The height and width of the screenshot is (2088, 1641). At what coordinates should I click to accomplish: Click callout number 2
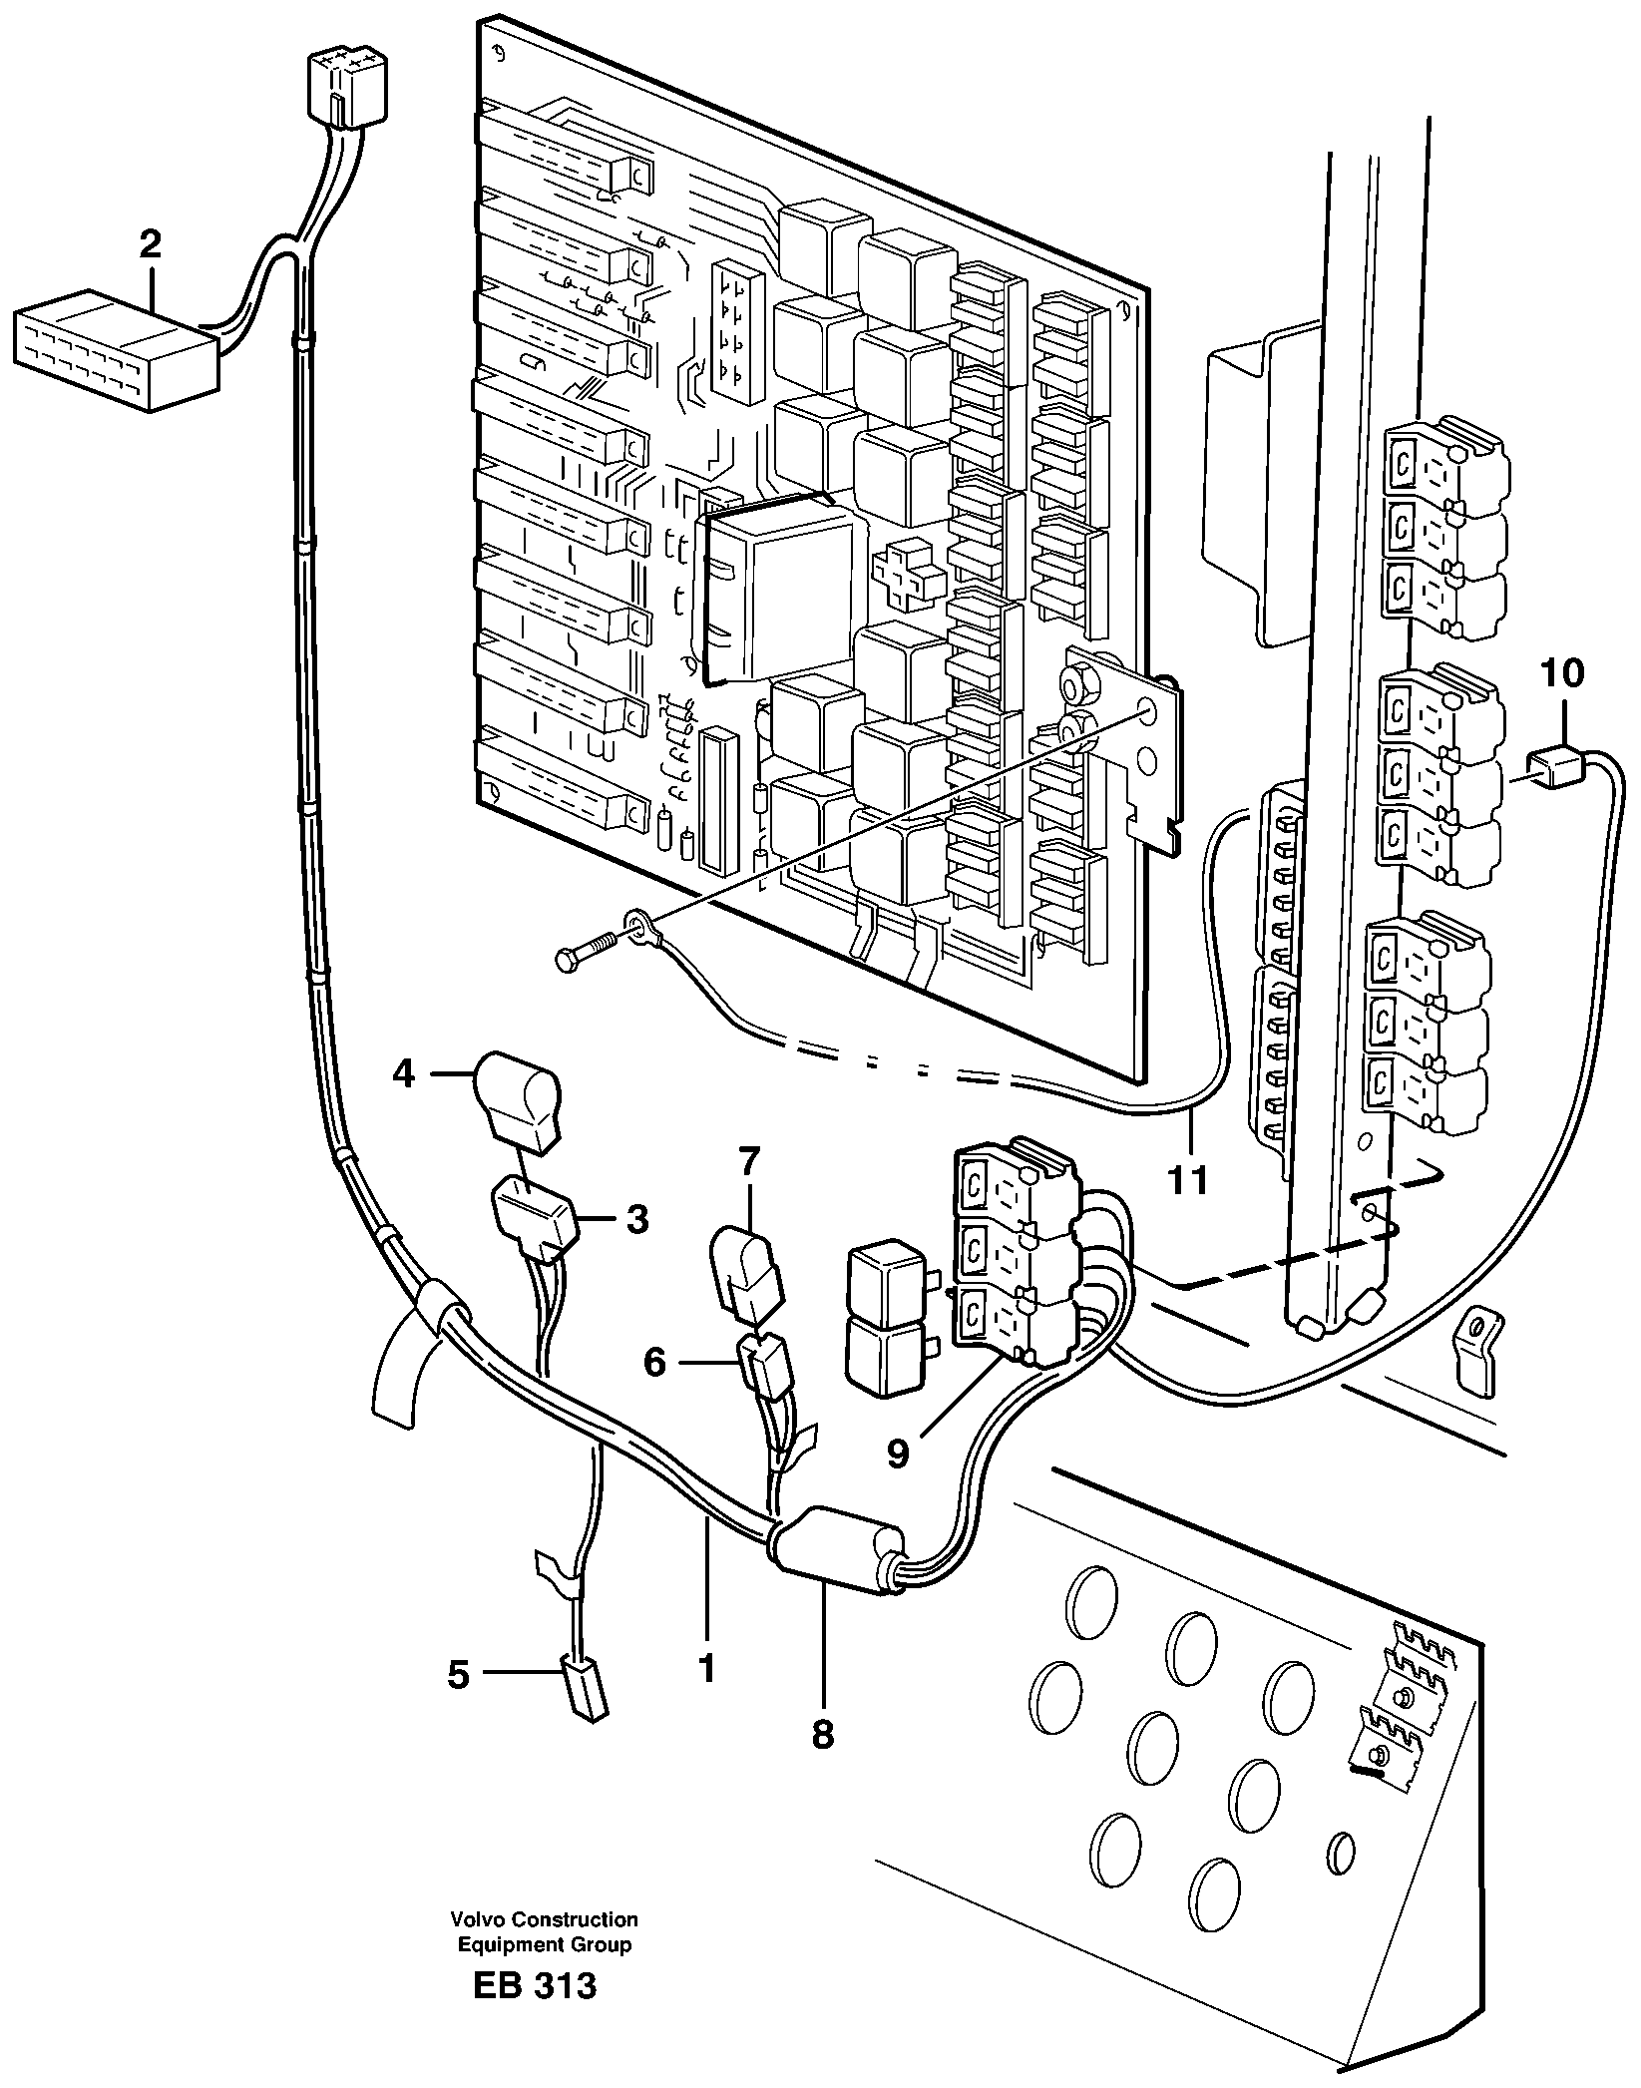(x=150, y=245)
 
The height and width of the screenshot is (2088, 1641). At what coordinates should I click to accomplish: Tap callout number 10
(x=1562, y=673)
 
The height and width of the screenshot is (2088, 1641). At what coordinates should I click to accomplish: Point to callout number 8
(x=822, y=1734)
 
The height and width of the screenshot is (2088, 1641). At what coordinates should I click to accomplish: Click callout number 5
(x=458, y=1675)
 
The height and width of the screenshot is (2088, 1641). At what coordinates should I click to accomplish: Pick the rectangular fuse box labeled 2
(x=115, y=350)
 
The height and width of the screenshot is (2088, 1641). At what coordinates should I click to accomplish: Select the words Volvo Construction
(x=544, y=1918)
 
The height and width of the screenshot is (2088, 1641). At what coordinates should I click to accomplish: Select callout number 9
(x=898, y=1454)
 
